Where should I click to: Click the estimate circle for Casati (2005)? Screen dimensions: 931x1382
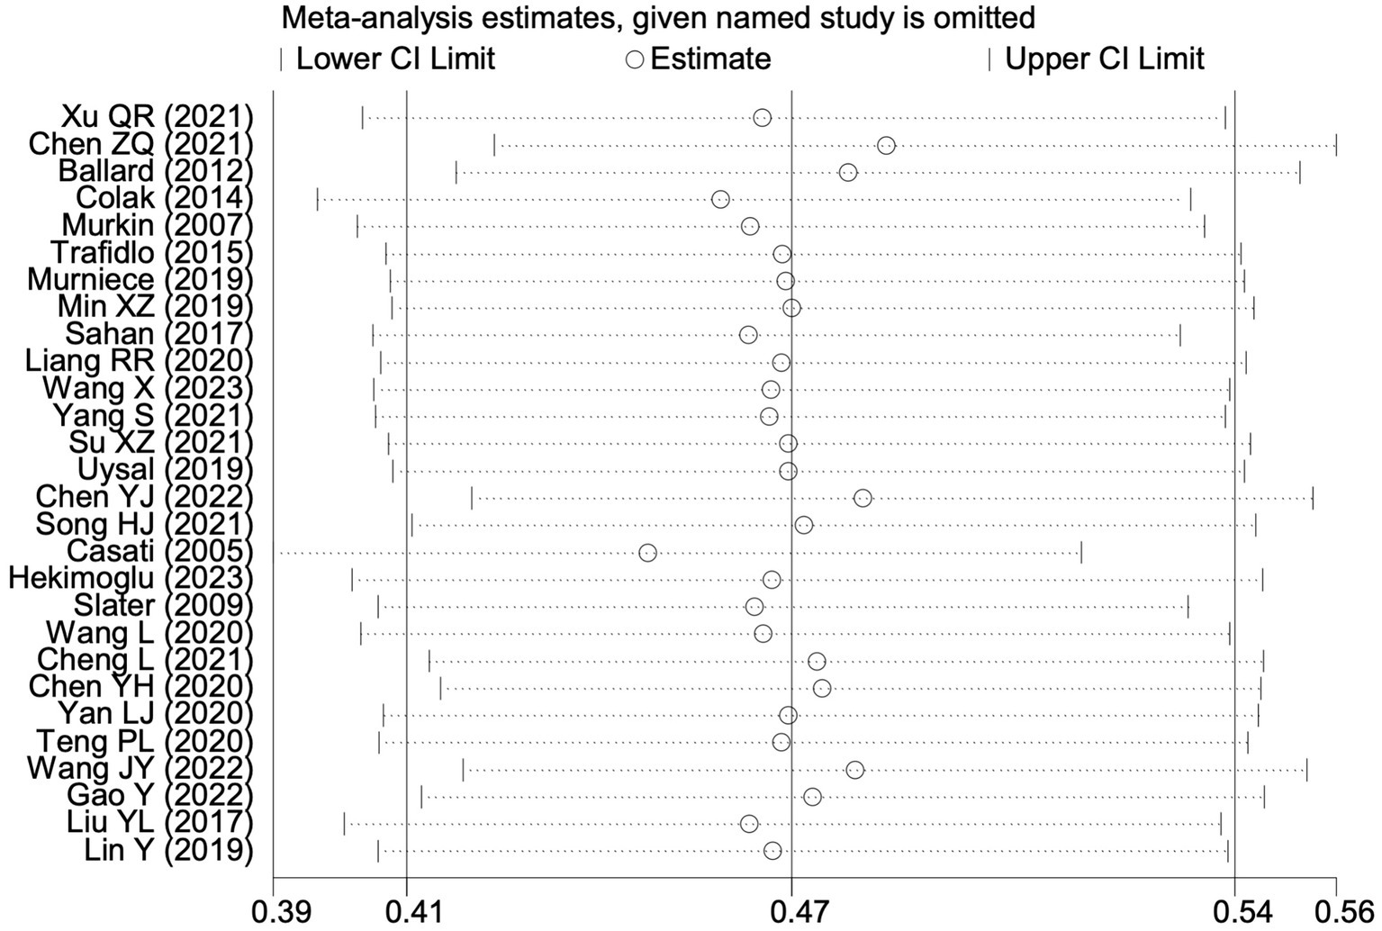click(647, 552)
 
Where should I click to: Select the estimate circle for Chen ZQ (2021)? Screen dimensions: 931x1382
click(886, 145)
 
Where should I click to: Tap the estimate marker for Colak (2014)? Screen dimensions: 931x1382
click(720, 199)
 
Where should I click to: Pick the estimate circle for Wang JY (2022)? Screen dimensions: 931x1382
click(854, 769)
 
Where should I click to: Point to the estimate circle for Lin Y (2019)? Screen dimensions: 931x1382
click(772, 851)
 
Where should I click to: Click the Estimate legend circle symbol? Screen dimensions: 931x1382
click(635, 59)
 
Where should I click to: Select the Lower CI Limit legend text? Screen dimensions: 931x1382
click(396, 59)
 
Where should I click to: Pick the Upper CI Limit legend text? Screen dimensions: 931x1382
click(1104, 59)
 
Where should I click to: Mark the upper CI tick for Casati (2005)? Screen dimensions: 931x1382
click(1081, 552)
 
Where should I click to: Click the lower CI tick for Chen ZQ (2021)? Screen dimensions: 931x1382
click(494, 145)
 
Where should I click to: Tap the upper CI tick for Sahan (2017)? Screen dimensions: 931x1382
click(1180, 335)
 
